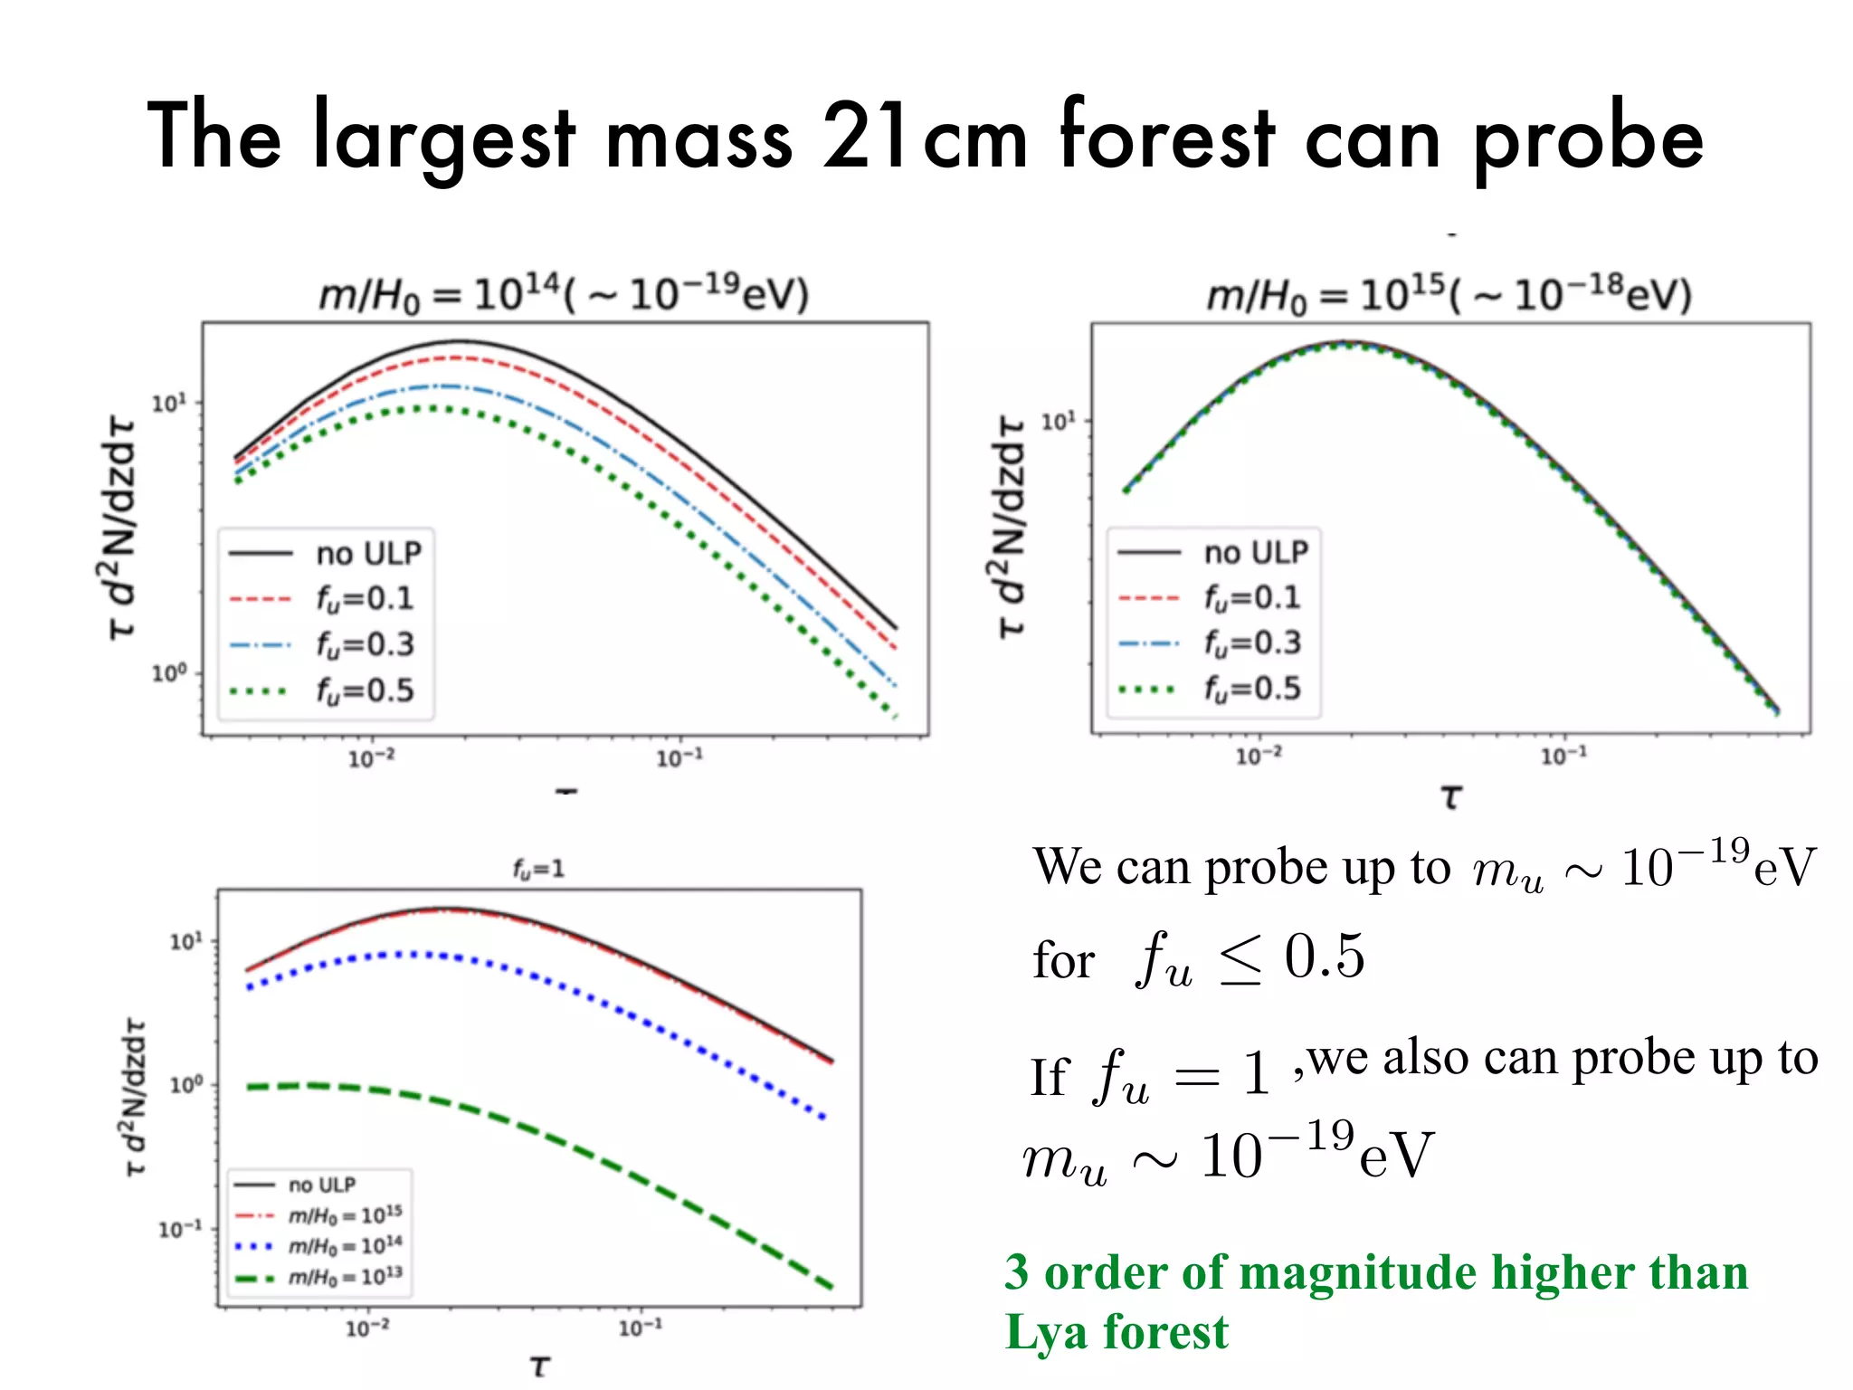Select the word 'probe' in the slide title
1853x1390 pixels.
click(x=1588, y=140)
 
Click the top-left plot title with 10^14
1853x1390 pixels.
click(x=564, y=294)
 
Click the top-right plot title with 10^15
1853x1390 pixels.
click(x=1449, y=294)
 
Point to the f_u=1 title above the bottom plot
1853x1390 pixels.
click(x=538, y=869)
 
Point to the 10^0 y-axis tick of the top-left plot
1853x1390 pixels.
click(x=169, y=673)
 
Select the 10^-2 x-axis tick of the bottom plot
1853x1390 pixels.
click(x=367, y=1328)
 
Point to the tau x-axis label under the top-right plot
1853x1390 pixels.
click(x=1450, y=797)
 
